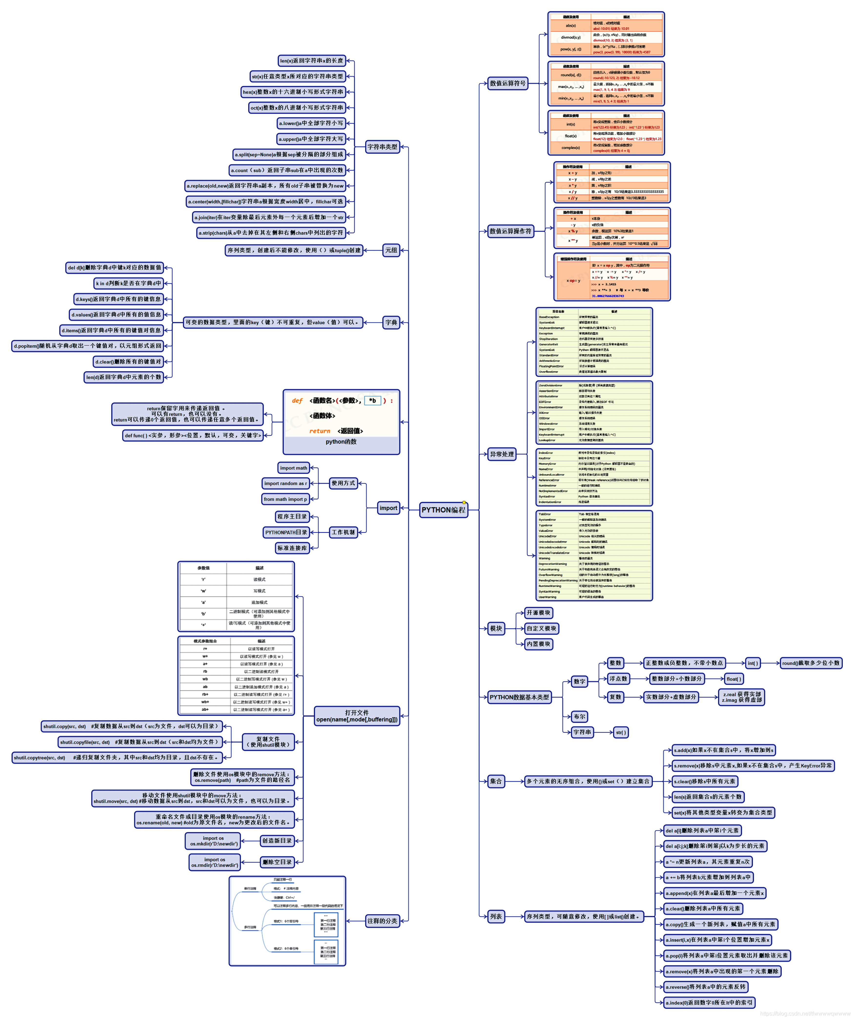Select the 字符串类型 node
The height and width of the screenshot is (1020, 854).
[x=383, y=147]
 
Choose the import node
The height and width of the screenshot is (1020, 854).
[x=388, y=508]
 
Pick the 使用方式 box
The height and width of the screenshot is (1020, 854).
[x=343, y=483]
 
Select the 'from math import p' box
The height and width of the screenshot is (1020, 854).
[x=285, y=499]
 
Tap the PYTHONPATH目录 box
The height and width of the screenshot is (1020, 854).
[x=286, y=532]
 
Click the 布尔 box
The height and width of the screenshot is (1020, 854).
[x=580, y=716]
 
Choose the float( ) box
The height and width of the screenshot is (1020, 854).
[x=734, y=679]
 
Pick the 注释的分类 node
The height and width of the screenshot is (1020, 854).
[x=383, y=921]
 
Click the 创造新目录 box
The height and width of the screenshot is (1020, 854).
[x=277, y=841]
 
